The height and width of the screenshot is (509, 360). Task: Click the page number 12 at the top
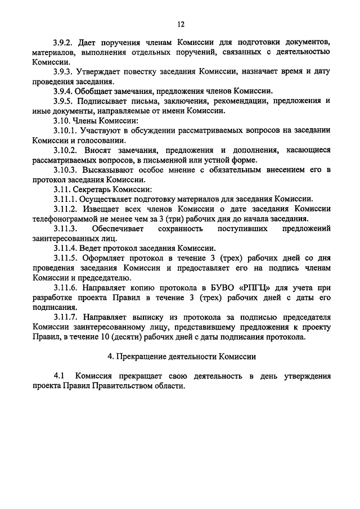pyautogui.click(x=181, y=24)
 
